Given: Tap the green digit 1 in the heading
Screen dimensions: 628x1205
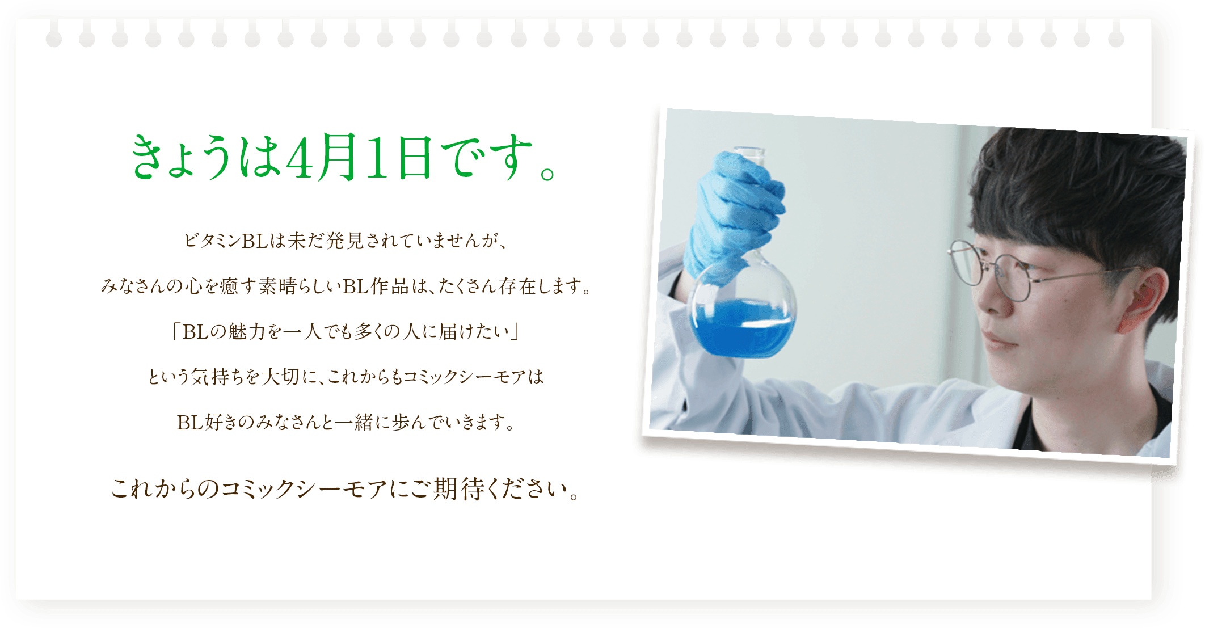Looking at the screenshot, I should tap(375, 157).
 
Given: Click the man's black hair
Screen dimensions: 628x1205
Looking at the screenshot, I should tap(1078, 187).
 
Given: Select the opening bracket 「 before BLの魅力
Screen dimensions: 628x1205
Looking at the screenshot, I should tap(176, 331).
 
